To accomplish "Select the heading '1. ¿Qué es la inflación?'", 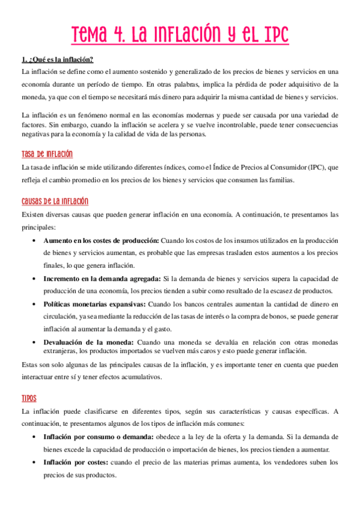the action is click(x=57, y=60).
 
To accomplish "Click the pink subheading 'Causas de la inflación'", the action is click(x=55, y=201).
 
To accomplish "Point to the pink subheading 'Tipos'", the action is click(x=29, y=398).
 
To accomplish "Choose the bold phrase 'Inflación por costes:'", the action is click(x=75, y=462).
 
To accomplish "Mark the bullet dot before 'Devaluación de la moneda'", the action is click(x=32, y=342).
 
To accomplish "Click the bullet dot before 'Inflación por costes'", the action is click(x=32, y=462).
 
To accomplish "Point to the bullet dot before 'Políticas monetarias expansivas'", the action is click(x=32, y=304).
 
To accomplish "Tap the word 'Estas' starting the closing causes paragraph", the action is click(x=29, y=365).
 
